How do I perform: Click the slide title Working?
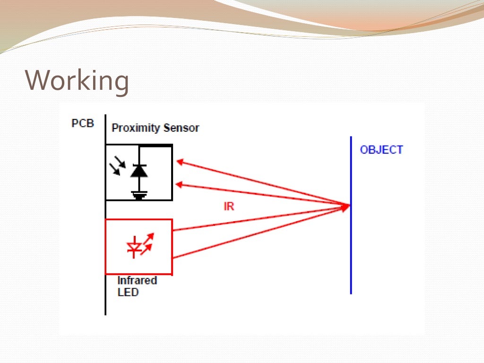[77, 81]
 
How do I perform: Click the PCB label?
[83, 124]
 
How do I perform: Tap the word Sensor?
[181, 128]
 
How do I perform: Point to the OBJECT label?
[381, 150]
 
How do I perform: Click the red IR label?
[229, 207]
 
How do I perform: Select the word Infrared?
[137, 280]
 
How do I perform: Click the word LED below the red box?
[128, 292]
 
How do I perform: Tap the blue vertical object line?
[351, 246]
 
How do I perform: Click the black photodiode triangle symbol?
[139, 171]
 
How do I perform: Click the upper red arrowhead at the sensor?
[180, 162]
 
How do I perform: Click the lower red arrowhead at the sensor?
[180, 184]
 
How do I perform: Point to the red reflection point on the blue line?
[349, 205]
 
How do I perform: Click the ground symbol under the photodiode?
[139, 194]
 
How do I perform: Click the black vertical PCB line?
[105, 293]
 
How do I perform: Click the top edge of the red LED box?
[138, 220]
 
